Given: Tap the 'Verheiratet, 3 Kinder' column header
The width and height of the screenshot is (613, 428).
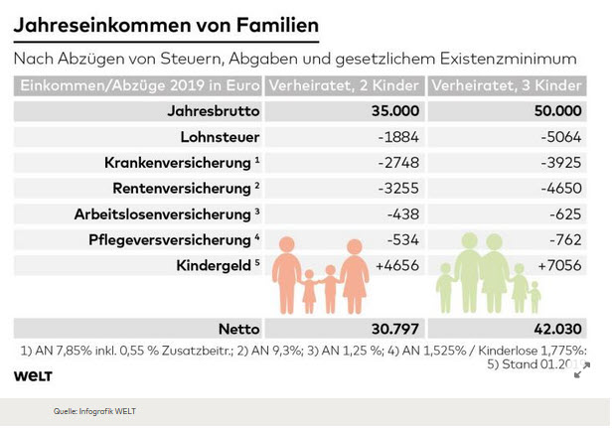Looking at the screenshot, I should pos(507,85).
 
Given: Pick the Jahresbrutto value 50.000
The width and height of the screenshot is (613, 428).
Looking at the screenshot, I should pos(557,111).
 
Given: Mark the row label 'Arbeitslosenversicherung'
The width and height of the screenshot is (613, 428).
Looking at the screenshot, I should pos(162,214).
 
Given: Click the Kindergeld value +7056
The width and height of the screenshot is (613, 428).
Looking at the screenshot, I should pos(559,265).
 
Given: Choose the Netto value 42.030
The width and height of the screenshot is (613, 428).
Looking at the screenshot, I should pos(554,328).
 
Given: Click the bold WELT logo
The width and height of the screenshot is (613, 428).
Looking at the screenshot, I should pos(33,375).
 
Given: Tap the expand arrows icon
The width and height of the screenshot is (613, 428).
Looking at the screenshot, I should pos(582,369).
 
